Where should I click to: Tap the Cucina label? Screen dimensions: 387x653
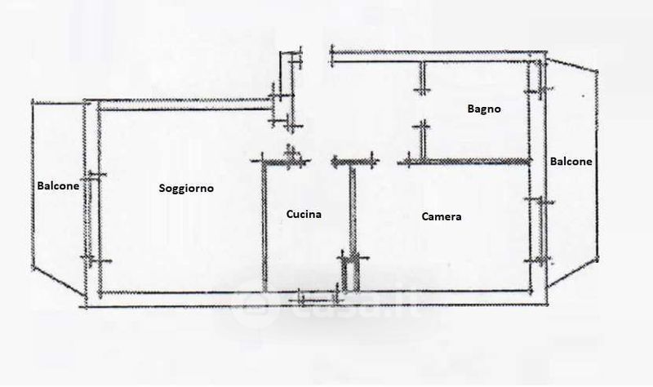304,215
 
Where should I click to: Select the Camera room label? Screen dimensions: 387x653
442,217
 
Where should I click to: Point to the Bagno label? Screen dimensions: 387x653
483,109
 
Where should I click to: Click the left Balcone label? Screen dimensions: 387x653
58,185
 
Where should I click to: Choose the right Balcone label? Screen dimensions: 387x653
571,162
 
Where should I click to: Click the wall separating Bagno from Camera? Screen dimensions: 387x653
473,161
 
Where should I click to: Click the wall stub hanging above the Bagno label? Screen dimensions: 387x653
422,78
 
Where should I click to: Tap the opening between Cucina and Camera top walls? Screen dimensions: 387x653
321,161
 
